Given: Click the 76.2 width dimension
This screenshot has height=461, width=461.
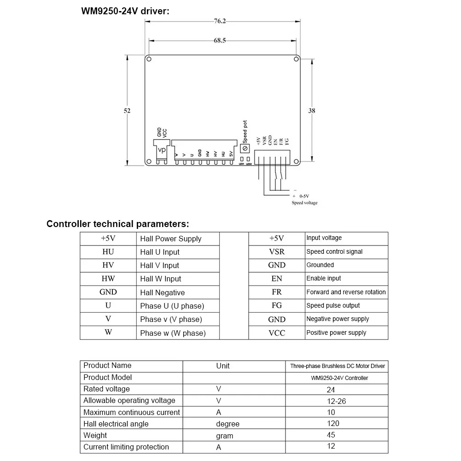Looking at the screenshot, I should pyautogui.click(x=220, y=21).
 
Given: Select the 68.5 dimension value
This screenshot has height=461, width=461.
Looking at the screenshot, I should pyautogui.click(x=220, y=41).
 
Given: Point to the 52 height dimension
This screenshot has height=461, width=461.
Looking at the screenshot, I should pyautogui.click(x=127, y=111).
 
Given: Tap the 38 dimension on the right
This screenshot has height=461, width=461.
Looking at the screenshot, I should pyautogui.click(x=312, y=111).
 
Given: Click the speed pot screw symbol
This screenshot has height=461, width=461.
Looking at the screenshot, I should pyautogui.click(x=245, y=148).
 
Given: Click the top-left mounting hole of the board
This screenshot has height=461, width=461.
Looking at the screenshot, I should pyautogui.click(x=149, y=59).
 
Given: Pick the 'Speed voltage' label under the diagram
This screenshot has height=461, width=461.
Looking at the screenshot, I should pyautogui.click(x=304, y=203).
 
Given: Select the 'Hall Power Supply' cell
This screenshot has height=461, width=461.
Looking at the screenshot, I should pyautogui.click(x=171, y=239).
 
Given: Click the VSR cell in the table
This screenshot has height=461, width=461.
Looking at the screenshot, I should pyautogui.click(x=277, y=252).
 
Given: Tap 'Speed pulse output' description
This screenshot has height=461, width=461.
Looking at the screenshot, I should pyautogui.click(x=333, y=305).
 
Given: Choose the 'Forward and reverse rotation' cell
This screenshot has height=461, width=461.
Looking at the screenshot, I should pyautogui.click(x=346, y=292).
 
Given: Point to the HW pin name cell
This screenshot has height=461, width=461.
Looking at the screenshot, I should pyautogui.click(x=108, y=279).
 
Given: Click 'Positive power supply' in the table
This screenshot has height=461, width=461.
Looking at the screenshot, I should pyautogui.click(x=336, y=333).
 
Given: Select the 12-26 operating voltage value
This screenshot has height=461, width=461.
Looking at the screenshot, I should pyautogui.click(x=336, y=401).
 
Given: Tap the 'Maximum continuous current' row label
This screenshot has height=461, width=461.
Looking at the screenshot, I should pyautogui.click(x=132, y=412).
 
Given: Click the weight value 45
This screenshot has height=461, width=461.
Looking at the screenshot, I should pyautogui.click(x=331, y=435).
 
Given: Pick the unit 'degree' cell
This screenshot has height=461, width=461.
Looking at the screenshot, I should pyautogui.click(x=228, y=424).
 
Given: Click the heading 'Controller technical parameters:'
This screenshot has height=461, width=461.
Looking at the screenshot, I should pyautogui.click(x=117, y=224).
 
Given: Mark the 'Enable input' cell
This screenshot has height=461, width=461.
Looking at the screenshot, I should pyautogui.click(x=323, y=278).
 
